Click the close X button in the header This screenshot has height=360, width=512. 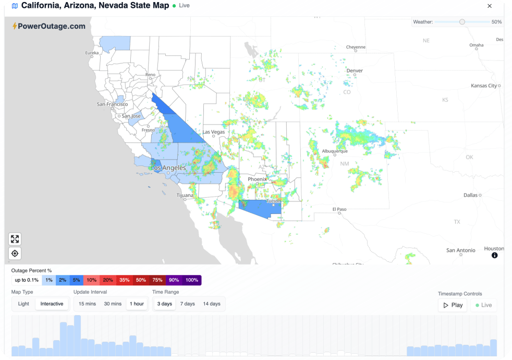coord(489,6)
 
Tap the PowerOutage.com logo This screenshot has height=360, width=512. coord(48,26)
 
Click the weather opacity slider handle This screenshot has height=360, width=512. coord(462,22)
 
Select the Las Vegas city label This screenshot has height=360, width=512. coord(214,132)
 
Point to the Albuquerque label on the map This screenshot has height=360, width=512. coord(335,151)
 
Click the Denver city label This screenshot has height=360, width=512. coord(355,70)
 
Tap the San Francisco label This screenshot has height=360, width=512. coord(112,104)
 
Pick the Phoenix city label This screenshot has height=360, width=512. coord(257,179)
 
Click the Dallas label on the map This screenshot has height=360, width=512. coord(470,195)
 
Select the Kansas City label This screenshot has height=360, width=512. coord(483,86)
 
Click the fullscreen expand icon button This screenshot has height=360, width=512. coord(15,239)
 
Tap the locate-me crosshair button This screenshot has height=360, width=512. coord(15,254)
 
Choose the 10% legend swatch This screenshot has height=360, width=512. coord(91,280)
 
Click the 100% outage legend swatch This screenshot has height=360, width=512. coord(191,280)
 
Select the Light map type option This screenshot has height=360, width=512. coord(23,304)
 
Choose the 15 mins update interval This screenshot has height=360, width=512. coord(87,304)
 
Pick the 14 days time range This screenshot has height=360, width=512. coord(212,304)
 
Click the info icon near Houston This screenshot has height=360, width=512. coord(494,255)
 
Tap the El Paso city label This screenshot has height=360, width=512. coord(339,209)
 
